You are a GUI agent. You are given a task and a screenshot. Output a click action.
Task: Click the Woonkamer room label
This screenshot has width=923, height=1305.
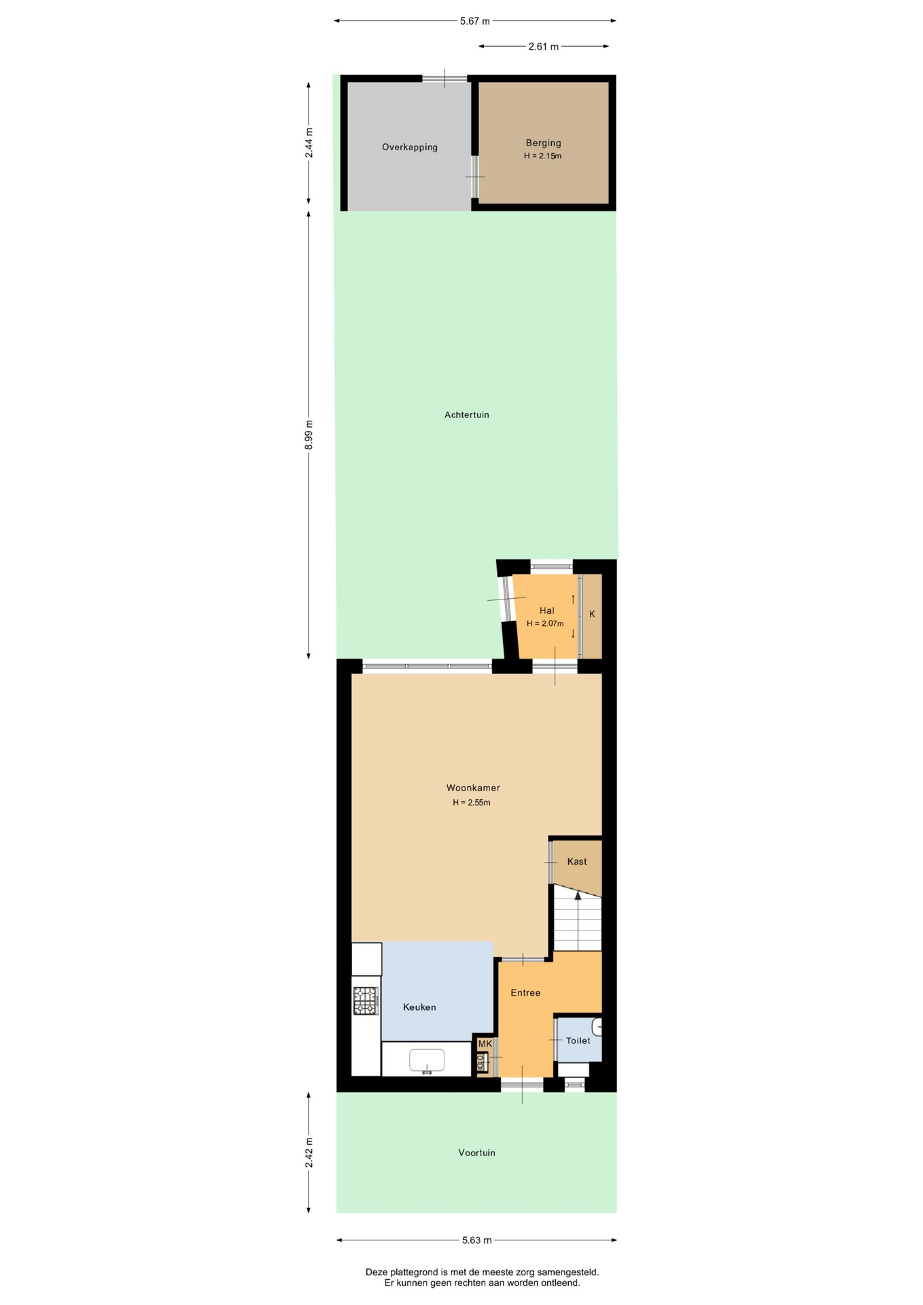(473, 788)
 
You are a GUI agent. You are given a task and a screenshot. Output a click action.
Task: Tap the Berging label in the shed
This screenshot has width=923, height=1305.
(543, 143)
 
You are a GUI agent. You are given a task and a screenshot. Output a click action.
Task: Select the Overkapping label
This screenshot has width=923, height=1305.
(410, 147)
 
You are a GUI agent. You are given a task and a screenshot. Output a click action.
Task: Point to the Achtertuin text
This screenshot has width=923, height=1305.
(467, 415)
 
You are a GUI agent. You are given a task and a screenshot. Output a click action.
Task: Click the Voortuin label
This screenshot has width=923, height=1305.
(476, 1153)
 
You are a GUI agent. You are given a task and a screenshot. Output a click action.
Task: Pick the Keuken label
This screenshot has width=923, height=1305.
(419, 1007)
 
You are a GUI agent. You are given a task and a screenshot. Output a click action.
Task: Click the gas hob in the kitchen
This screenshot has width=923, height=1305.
(365, 1000)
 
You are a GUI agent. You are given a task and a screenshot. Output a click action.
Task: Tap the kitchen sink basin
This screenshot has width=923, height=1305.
(427, 1060)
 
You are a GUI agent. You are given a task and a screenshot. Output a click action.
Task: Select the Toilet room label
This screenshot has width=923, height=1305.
(578, 1041)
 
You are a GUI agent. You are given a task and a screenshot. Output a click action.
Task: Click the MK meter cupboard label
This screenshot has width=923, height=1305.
(485, 1043)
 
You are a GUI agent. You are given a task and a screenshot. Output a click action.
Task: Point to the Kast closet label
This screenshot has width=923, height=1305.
(577, 861)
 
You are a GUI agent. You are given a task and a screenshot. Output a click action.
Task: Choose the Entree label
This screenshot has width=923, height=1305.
(525, 993)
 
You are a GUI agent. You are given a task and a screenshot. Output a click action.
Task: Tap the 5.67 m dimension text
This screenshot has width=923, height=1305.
(475, 21)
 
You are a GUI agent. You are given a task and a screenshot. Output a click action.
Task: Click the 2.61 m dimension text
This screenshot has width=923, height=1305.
(543, 47)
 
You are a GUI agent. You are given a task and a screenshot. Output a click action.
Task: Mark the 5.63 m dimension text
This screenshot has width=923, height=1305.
(476, 1240)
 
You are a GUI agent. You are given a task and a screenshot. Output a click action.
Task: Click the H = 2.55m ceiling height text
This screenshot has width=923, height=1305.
(472, 803)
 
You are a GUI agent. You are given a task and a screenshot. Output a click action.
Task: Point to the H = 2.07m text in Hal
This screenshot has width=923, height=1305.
(545, 623)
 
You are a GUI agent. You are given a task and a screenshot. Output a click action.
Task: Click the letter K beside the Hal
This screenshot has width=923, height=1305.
(592, 614)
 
